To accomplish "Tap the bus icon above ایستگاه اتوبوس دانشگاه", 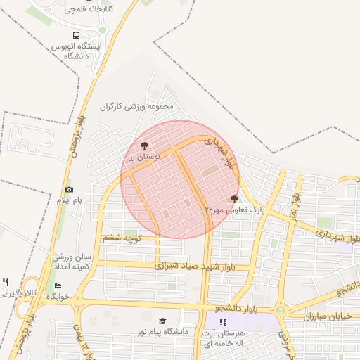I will click(x=76, y=35).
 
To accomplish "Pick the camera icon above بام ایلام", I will click(x=69, y=189).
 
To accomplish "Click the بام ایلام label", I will click(x=70, y=200).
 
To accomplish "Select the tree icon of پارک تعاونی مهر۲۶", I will click(x=234, y=199).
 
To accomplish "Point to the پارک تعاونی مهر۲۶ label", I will click(x=233, y=210).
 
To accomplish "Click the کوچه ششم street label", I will click(x=122, y=238).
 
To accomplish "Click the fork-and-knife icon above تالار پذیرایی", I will click(x=6, y=282).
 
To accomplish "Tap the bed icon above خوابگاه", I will click(x=58, y=285).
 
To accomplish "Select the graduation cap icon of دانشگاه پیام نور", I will click(x=163, y=321).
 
